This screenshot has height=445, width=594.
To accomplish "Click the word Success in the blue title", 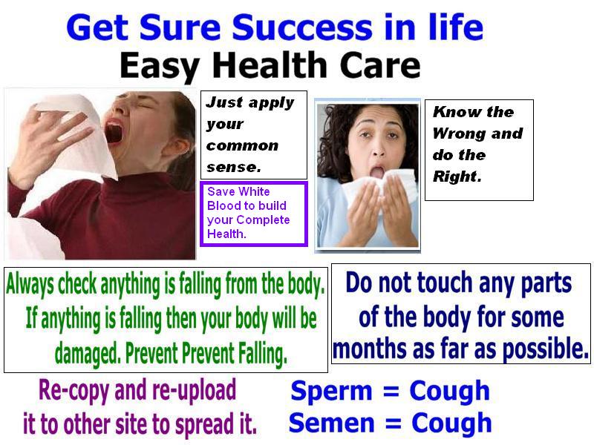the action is [x=301, y=27].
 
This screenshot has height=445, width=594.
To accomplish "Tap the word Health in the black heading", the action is [x=270, y=65].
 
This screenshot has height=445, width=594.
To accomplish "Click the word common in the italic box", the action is [x=243, y=145].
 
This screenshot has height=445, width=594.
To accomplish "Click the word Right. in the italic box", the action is [x=457, y=177].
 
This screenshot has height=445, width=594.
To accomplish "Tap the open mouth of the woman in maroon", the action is [x=114, y=131].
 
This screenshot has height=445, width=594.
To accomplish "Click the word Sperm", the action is [x=331, y=391].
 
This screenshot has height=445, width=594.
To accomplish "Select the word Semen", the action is [x=331, y=423].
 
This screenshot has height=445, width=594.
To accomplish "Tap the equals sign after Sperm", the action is [x=391, y=392].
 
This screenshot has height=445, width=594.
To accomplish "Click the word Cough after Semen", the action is [x=451, y=423].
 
